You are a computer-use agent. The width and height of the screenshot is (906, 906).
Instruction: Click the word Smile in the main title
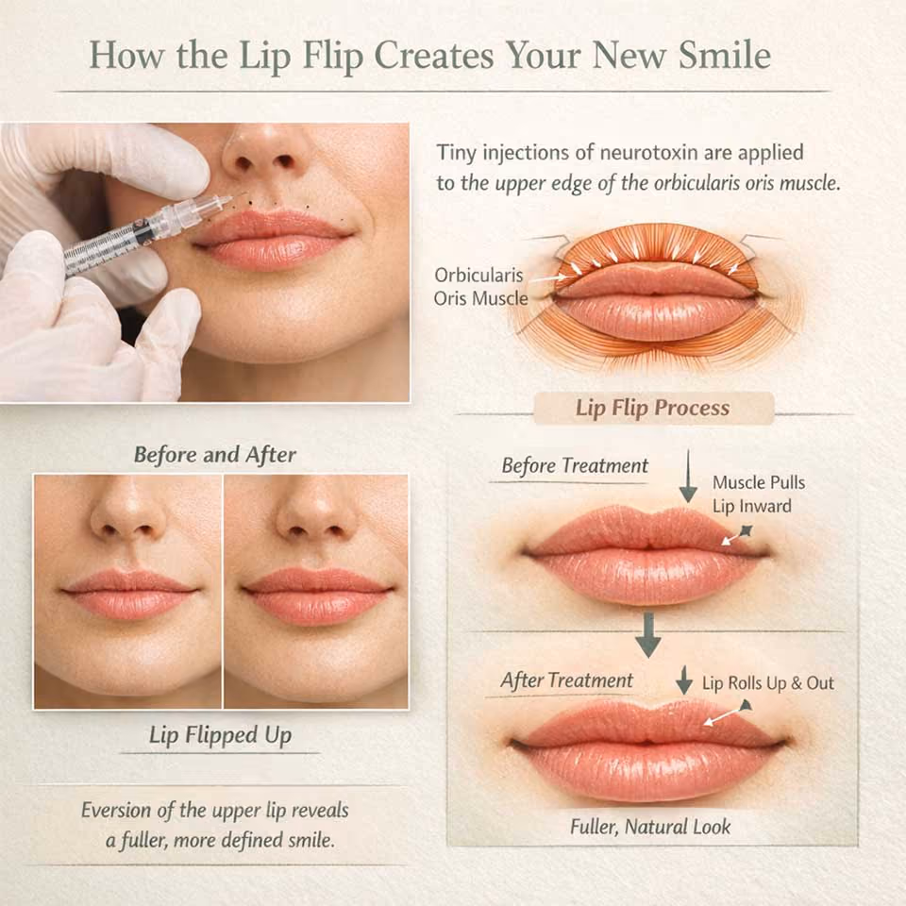[725, 56]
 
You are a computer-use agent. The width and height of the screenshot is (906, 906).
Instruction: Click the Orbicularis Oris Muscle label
[479, 287]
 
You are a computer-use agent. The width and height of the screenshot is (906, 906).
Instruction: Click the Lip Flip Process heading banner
[653, 408]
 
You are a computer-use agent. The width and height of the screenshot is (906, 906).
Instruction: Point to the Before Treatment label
[575, 465]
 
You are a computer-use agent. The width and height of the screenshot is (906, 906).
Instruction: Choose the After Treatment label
[567, 680]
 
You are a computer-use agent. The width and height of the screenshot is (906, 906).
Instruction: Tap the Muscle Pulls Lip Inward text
[758, 494]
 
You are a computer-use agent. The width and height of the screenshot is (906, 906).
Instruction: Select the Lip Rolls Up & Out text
[768, 683]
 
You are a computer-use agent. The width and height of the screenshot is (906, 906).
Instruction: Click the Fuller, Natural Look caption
[650, 827]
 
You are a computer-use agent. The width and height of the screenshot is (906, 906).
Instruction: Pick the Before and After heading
[215, 455]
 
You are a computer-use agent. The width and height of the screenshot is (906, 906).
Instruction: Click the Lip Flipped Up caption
[220, 735]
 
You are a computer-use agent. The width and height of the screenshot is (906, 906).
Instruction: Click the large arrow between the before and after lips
[648, 635]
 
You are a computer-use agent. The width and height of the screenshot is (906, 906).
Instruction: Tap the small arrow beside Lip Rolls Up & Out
[684, 679]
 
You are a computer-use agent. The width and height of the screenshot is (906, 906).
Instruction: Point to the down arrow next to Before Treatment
[688, 477]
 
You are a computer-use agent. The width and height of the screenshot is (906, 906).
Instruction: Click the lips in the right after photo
[317, 596]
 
